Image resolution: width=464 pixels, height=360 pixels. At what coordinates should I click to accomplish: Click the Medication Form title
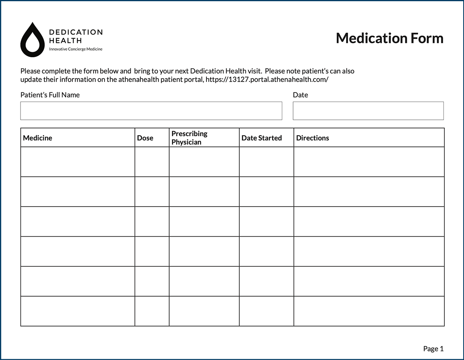[x=389, y=38]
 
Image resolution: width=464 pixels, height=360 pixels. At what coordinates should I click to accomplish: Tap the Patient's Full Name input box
[x=151, y=111]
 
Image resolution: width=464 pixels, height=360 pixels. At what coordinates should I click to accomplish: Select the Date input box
[x=368, y=111]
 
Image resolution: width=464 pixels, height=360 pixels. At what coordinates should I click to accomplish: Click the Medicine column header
[x=38, y=138]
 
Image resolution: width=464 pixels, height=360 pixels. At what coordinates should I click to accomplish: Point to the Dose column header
[x=145, y=138]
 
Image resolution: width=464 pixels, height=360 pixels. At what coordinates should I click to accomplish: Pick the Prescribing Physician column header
[x=189, y=138]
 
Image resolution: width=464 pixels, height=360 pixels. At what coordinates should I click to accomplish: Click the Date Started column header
[x=261, y=138]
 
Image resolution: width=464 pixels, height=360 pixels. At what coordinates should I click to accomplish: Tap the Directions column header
[x=312, y=138]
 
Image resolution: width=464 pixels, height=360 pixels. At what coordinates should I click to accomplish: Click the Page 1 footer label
[x=433, y=349]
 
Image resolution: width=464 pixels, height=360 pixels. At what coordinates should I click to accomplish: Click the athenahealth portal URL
[x=267, y=80]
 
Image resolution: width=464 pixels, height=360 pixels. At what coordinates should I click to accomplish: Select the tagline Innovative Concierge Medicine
[x=76, y=49]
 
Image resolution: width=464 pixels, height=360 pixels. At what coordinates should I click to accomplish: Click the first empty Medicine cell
[x=77, y=162]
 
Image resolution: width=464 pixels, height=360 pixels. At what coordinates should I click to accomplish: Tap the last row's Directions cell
[x=369, y=311]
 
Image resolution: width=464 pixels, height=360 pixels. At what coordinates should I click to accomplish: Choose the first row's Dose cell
[x=152, y=162]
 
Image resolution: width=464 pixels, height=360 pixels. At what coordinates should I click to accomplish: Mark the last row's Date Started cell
[x=266, y=311]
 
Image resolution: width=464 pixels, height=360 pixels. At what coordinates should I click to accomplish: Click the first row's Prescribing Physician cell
[x=204, y=162]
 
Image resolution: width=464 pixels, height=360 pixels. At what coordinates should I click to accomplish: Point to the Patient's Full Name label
[x=50, y=95]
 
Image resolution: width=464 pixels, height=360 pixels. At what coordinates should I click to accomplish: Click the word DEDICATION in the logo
[x=76, y=32]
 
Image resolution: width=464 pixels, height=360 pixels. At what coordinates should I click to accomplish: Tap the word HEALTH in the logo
[x=65, y=40]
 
